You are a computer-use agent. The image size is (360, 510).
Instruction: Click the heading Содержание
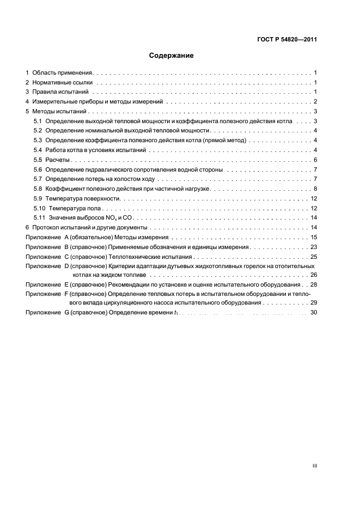pyautogui.click(x=172, y=56)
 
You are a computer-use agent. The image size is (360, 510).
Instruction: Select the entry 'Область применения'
pyautogui.click(x=63, y=72)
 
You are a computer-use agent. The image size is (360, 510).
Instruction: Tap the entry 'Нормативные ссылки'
pyautogui.click(x=62, y=82)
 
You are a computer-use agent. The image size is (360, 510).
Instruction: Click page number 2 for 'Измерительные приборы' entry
pyautogui.click(x=315, y=102)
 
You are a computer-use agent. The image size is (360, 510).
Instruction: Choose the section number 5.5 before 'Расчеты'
pyautogui.click(x=38, y=160)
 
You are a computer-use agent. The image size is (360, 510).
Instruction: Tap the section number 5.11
pyautogui.click(x=39, y=218)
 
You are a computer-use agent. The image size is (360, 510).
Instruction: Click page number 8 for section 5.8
pyautogui.click(x=315, y=189)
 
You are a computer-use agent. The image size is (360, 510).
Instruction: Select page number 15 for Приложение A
pyautogui.click(x=314, y=238)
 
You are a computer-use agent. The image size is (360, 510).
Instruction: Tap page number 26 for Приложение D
pyautogui.click(x=314, y=275)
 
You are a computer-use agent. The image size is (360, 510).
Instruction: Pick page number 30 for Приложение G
pyautogui.click(x=314, y=312)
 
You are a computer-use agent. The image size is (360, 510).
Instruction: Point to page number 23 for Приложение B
pyautogui.click(x=314, y=247)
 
